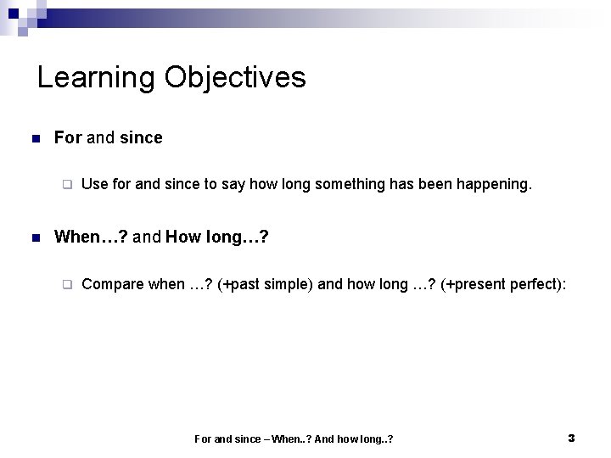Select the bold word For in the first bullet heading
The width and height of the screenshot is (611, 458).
tap(68, 137)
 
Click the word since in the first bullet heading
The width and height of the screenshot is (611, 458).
tap(141, 137)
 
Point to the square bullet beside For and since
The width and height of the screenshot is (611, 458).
tap(34, 138)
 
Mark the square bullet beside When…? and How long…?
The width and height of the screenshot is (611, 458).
tap(34, 237)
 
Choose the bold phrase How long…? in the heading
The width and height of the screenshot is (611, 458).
tap(218, 237)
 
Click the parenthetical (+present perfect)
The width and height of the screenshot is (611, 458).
tap(504, 284)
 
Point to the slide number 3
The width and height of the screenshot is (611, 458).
tap(571, 438)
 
